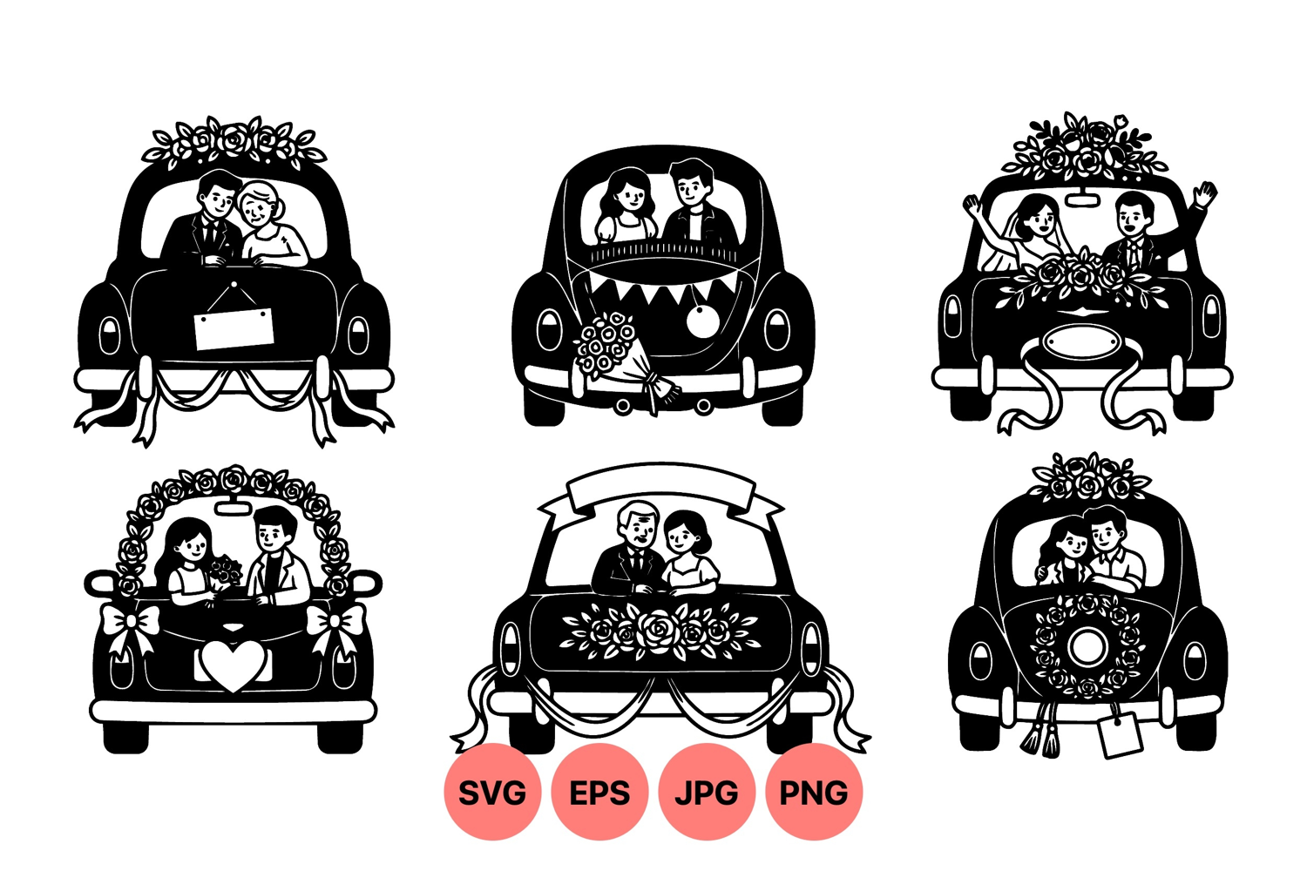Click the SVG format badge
492,792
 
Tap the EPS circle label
599,792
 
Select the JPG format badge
707,792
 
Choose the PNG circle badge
814,792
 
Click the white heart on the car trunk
233,665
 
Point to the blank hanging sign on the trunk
234,329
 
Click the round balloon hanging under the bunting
702,320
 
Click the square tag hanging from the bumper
1120,735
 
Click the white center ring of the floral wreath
1087,646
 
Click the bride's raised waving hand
972,206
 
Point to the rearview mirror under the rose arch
234,507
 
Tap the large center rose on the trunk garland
658,630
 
